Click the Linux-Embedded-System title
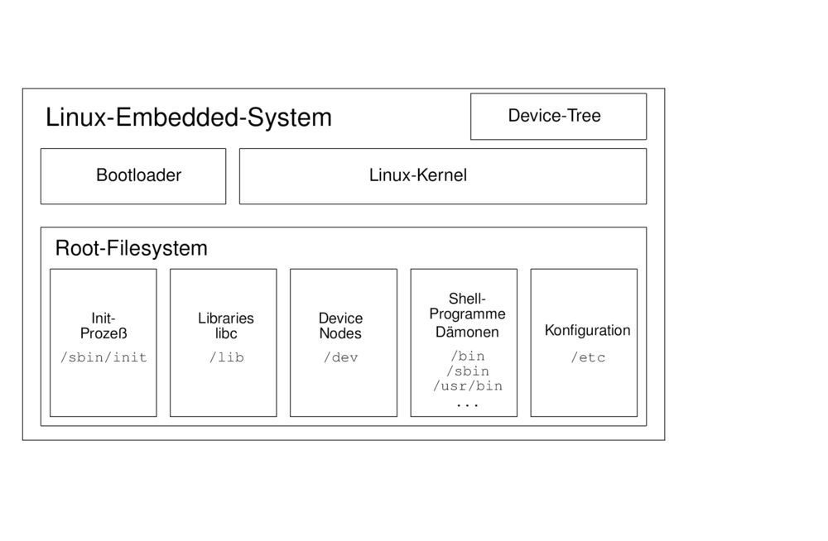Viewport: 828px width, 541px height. coord(189,117)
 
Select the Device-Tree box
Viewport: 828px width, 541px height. coord(558,116)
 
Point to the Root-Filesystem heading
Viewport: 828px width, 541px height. coord(131,248)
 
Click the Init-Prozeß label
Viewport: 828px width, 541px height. coord(103,326)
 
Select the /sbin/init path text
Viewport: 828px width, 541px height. coord(103,358)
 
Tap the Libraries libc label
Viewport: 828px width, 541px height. coord(226,326)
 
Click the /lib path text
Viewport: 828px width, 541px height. coord(226,358)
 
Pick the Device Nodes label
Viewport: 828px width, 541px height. coord(340,326)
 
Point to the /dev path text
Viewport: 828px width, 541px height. coord(340,358)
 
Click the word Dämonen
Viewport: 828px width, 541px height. coord(467,333)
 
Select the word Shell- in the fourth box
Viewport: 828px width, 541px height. coord(467,299)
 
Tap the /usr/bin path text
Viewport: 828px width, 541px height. coord(467,386)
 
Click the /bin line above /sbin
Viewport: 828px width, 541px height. coord(467,357)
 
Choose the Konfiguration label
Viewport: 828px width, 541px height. coord(587,331)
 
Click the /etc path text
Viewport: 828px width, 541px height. coord(587,358)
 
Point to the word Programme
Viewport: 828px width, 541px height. coord(467,314)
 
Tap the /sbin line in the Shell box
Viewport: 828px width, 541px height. coord(467,371)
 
